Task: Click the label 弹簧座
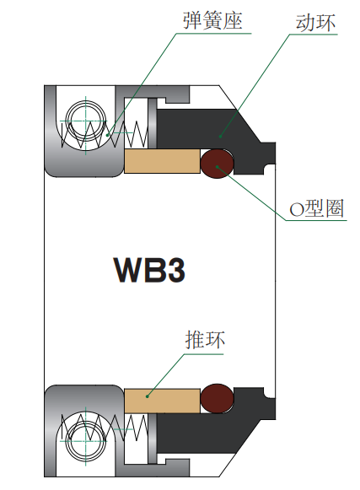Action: coord(212,20)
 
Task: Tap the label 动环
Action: coord(315,22)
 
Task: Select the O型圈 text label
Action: coord(316,208)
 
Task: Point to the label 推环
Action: coord(205,340)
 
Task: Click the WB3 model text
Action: coord(149,270)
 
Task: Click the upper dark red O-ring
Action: coord(217,164)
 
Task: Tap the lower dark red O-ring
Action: coord(217,398)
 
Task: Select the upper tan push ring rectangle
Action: coord(162,161)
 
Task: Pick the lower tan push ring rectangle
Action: coord(162,401)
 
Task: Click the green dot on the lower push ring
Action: coord(148,396)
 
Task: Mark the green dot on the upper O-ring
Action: coord(218,166)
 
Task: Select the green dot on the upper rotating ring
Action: coord(220,137)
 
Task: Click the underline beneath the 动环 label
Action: coord(314,34)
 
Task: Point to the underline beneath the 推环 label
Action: coord(204,354)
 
